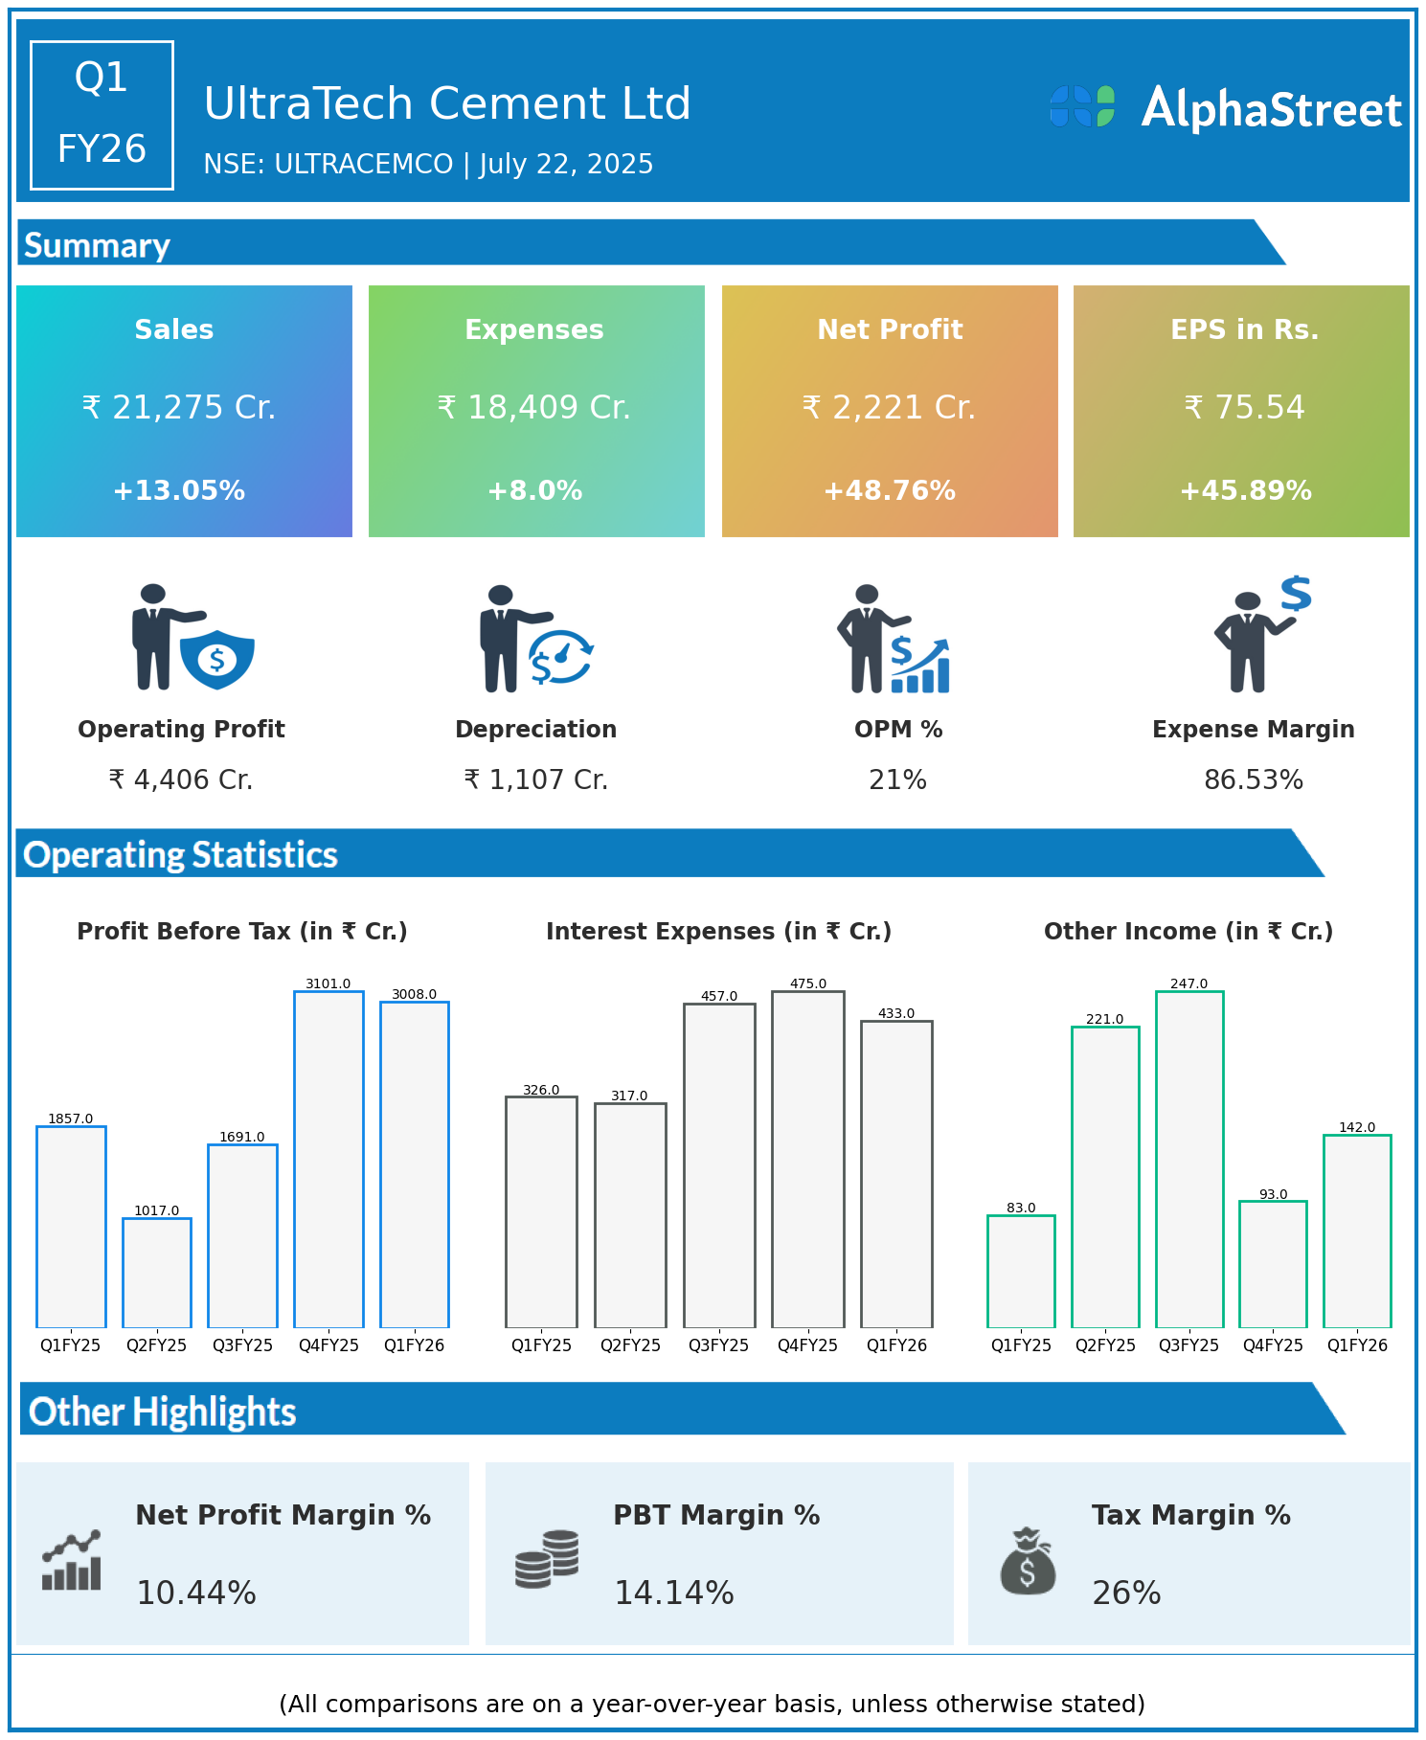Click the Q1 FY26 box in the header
click(x=102, y=115)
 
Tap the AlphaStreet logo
click(x=1226, y=108)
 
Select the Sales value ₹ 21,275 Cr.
click(x=179, y=408)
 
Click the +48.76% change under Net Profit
click(x=890, y=491)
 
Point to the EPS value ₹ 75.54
click(x=1244, y=408)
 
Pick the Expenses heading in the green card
click(x=534, y=329)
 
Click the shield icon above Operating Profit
click(x=217, y=659)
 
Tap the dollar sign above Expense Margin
click(x=1296, y=594)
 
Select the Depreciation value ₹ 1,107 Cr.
click(x=535, y=780)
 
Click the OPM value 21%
click(x=897, y=780)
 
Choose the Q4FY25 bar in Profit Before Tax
click(x=328, y=1159)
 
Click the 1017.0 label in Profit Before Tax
click(x=157, y=1210)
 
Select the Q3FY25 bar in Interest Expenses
click(x=719, y=1164)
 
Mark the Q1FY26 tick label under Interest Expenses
click(x=896, y=1345)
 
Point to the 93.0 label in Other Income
click(x=1273, y=1194)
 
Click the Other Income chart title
click(x=1188, y=932)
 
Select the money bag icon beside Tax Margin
click(x=1028, y=1561)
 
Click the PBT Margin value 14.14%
click(x=673, y=1593)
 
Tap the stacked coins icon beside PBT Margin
click(x=547, y=1559)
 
